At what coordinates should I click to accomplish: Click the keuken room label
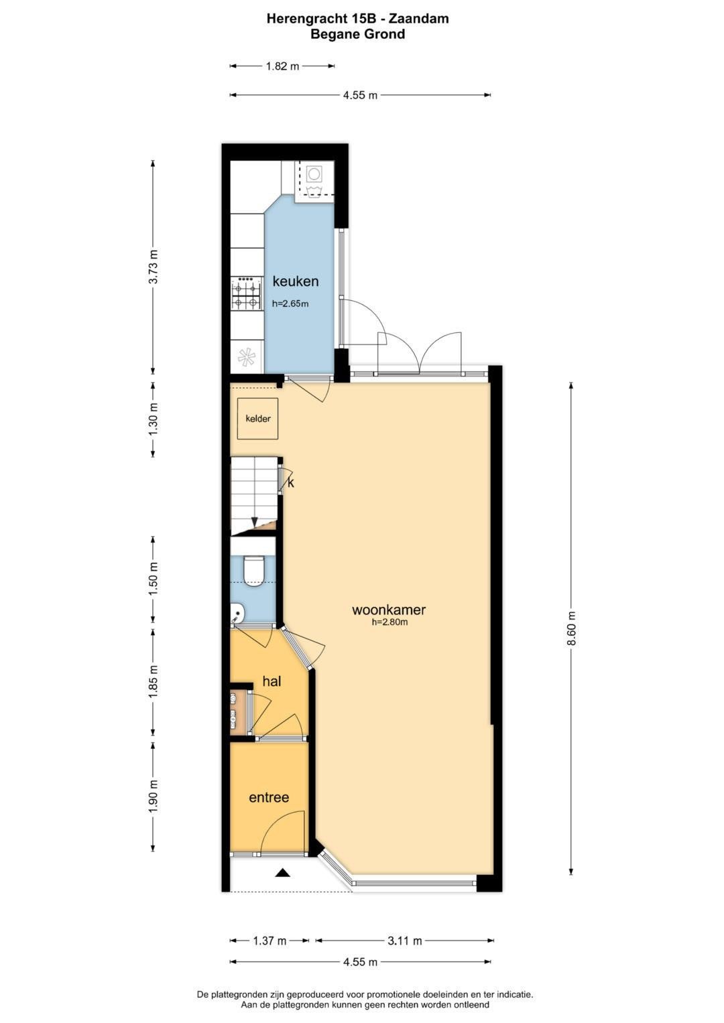[295, 281]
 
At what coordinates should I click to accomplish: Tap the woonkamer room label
[389, 609]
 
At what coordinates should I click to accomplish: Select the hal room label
[271, 681]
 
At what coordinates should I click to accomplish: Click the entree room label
[269, 797]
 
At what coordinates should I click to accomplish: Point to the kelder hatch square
[258, 418]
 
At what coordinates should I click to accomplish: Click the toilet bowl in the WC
[254, 571]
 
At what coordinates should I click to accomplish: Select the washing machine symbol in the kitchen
[314, 180]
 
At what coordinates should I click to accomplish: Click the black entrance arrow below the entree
[283, 873]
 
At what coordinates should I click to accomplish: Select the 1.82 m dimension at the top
[282, 66]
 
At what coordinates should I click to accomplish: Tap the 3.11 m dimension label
[405, 941]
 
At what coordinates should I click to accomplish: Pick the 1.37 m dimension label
[269, 941]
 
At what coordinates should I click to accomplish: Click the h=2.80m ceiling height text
[389, 622]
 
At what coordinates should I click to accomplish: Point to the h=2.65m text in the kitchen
[290, 303]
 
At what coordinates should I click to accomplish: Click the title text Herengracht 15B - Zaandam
[357, 19]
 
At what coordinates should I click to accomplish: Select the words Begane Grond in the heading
[357, 34]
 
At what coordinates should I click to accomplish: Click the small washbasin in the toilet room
[236, 613]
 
